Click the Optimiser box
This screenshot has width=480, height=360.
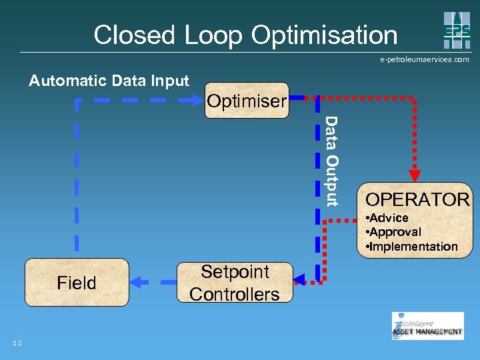[247, 101]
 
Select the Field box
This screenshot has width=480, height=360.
[77, 283]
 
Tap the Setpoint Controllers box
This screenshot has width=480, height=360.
[234, 283]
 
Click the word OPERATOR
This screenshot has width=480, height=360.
[417, 199]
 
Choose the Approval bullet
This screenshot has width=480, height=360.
[394, 232]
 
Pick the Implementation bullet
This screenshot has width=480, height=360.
[412, 247]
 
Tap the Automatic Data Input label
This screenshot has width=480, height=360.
[109, 81]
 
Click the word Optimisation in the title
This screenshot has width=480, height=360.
[322, 35]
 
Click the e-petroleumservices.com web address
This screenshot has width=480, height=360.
[425, 59]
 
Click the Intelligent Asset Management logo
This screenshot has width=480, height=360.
[427, 326]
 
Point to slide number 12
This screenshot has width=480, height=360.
[17, 343]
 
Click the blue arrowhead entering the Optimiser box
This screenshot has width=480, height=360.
[197, 101]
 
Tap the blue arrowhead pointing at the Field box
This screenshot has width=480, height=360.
[137, 283]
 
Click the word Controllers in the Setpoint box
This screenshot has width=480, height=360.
[234, 294]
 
